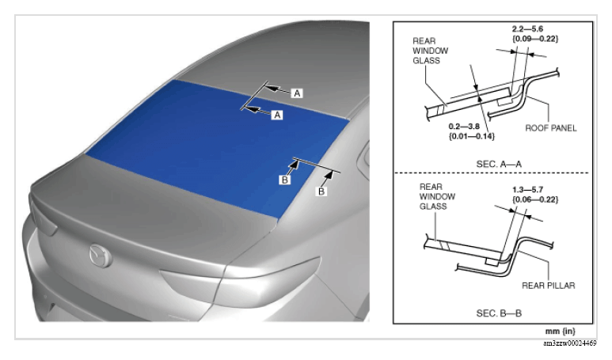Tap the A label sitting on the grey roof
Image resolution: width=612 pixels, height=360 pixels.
click(297, 93)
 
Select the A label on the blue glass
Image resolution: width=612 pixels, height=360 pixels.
click(277, 115)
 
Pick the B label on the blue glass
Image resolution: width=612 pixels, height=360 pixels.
click(285, 180)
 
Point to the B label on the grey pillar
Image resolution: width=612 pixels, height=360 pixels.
click(321, 191)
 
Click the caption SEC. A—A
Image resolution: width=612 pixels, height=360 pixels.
click(499, 164)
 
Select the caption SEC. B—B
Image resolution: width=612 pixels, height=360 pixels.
click(499, 313)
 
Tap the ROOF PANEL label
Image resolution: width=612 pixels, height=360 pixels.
click(551, 128)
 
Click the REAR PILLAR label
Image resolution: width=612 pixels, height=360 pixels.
click(549, 286)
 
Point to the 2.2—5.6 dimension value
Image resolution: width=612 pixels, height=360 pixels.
click(527, 28)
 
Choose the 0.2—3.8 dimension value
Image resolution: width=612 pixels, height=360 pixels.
click(464, 127)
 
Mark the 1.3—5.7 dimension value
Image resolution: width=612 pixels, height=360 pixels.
click(527, 190)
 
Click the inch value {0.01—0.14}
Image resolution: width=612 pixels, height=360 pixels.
click(472, 136)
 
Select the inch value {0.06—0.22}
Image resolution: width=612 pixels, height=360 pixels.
click(535, 199)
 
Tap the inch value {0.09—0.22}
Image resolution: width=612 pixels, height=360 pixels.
click(535, 39)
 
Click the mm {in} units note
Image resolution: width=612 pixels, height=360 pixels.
click(560, 332)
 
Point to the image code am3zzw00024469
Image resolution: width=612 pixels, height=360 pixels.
click(570, 343)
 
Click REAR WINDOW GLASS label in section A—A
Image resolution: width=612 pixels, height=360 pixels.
click(430, 51)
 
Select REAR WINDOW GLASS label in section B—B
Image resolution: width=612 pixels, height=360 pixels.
click(437, 196)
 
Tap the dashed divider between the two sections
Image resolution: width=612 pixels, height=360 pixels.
click(492, 172)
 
